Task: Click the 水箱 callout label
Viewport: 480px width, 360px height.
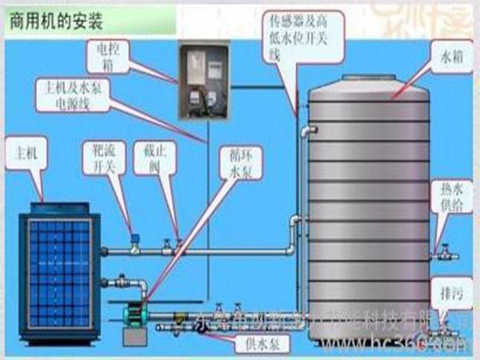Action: [x=450, y=58]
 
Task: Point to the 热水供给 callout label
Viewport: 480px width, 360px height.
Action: [x=452, y=197]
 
